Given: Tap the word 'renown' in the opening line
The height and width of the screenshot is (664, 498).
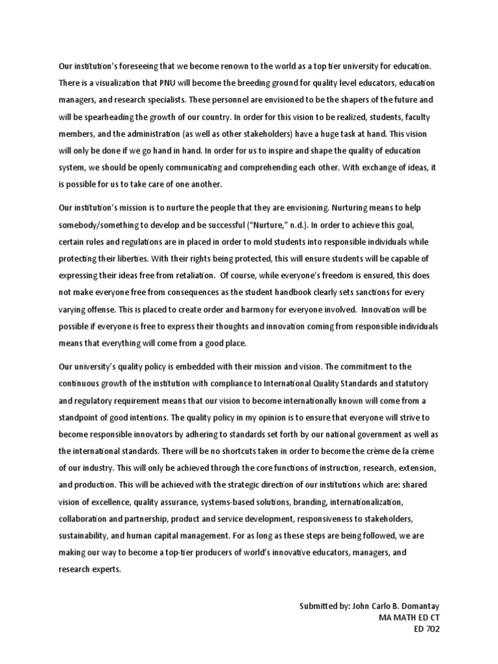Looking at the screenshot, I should point(239,67).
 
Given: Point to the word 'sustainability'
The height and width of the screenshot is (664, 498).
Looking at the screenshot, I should point(83,536).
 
